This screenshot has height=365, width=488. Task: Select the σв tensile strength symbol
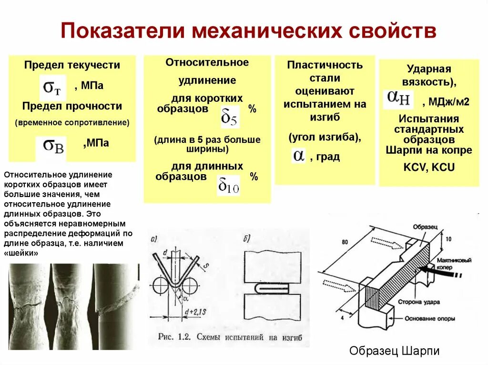53,145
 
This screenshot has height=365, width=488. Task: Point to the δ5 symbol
229,117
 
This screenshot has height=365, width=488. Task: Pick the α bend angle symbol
299,156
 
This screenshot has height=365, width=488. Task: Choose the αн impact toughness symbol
398,99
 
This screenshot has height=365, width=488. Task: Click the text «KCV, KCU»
429,167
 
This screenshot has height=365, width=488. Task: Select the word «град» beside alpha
328,157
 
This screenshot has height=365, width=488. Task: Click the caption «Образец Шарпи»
394,351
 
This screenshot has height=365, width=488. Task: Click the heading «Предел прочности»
72,106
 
